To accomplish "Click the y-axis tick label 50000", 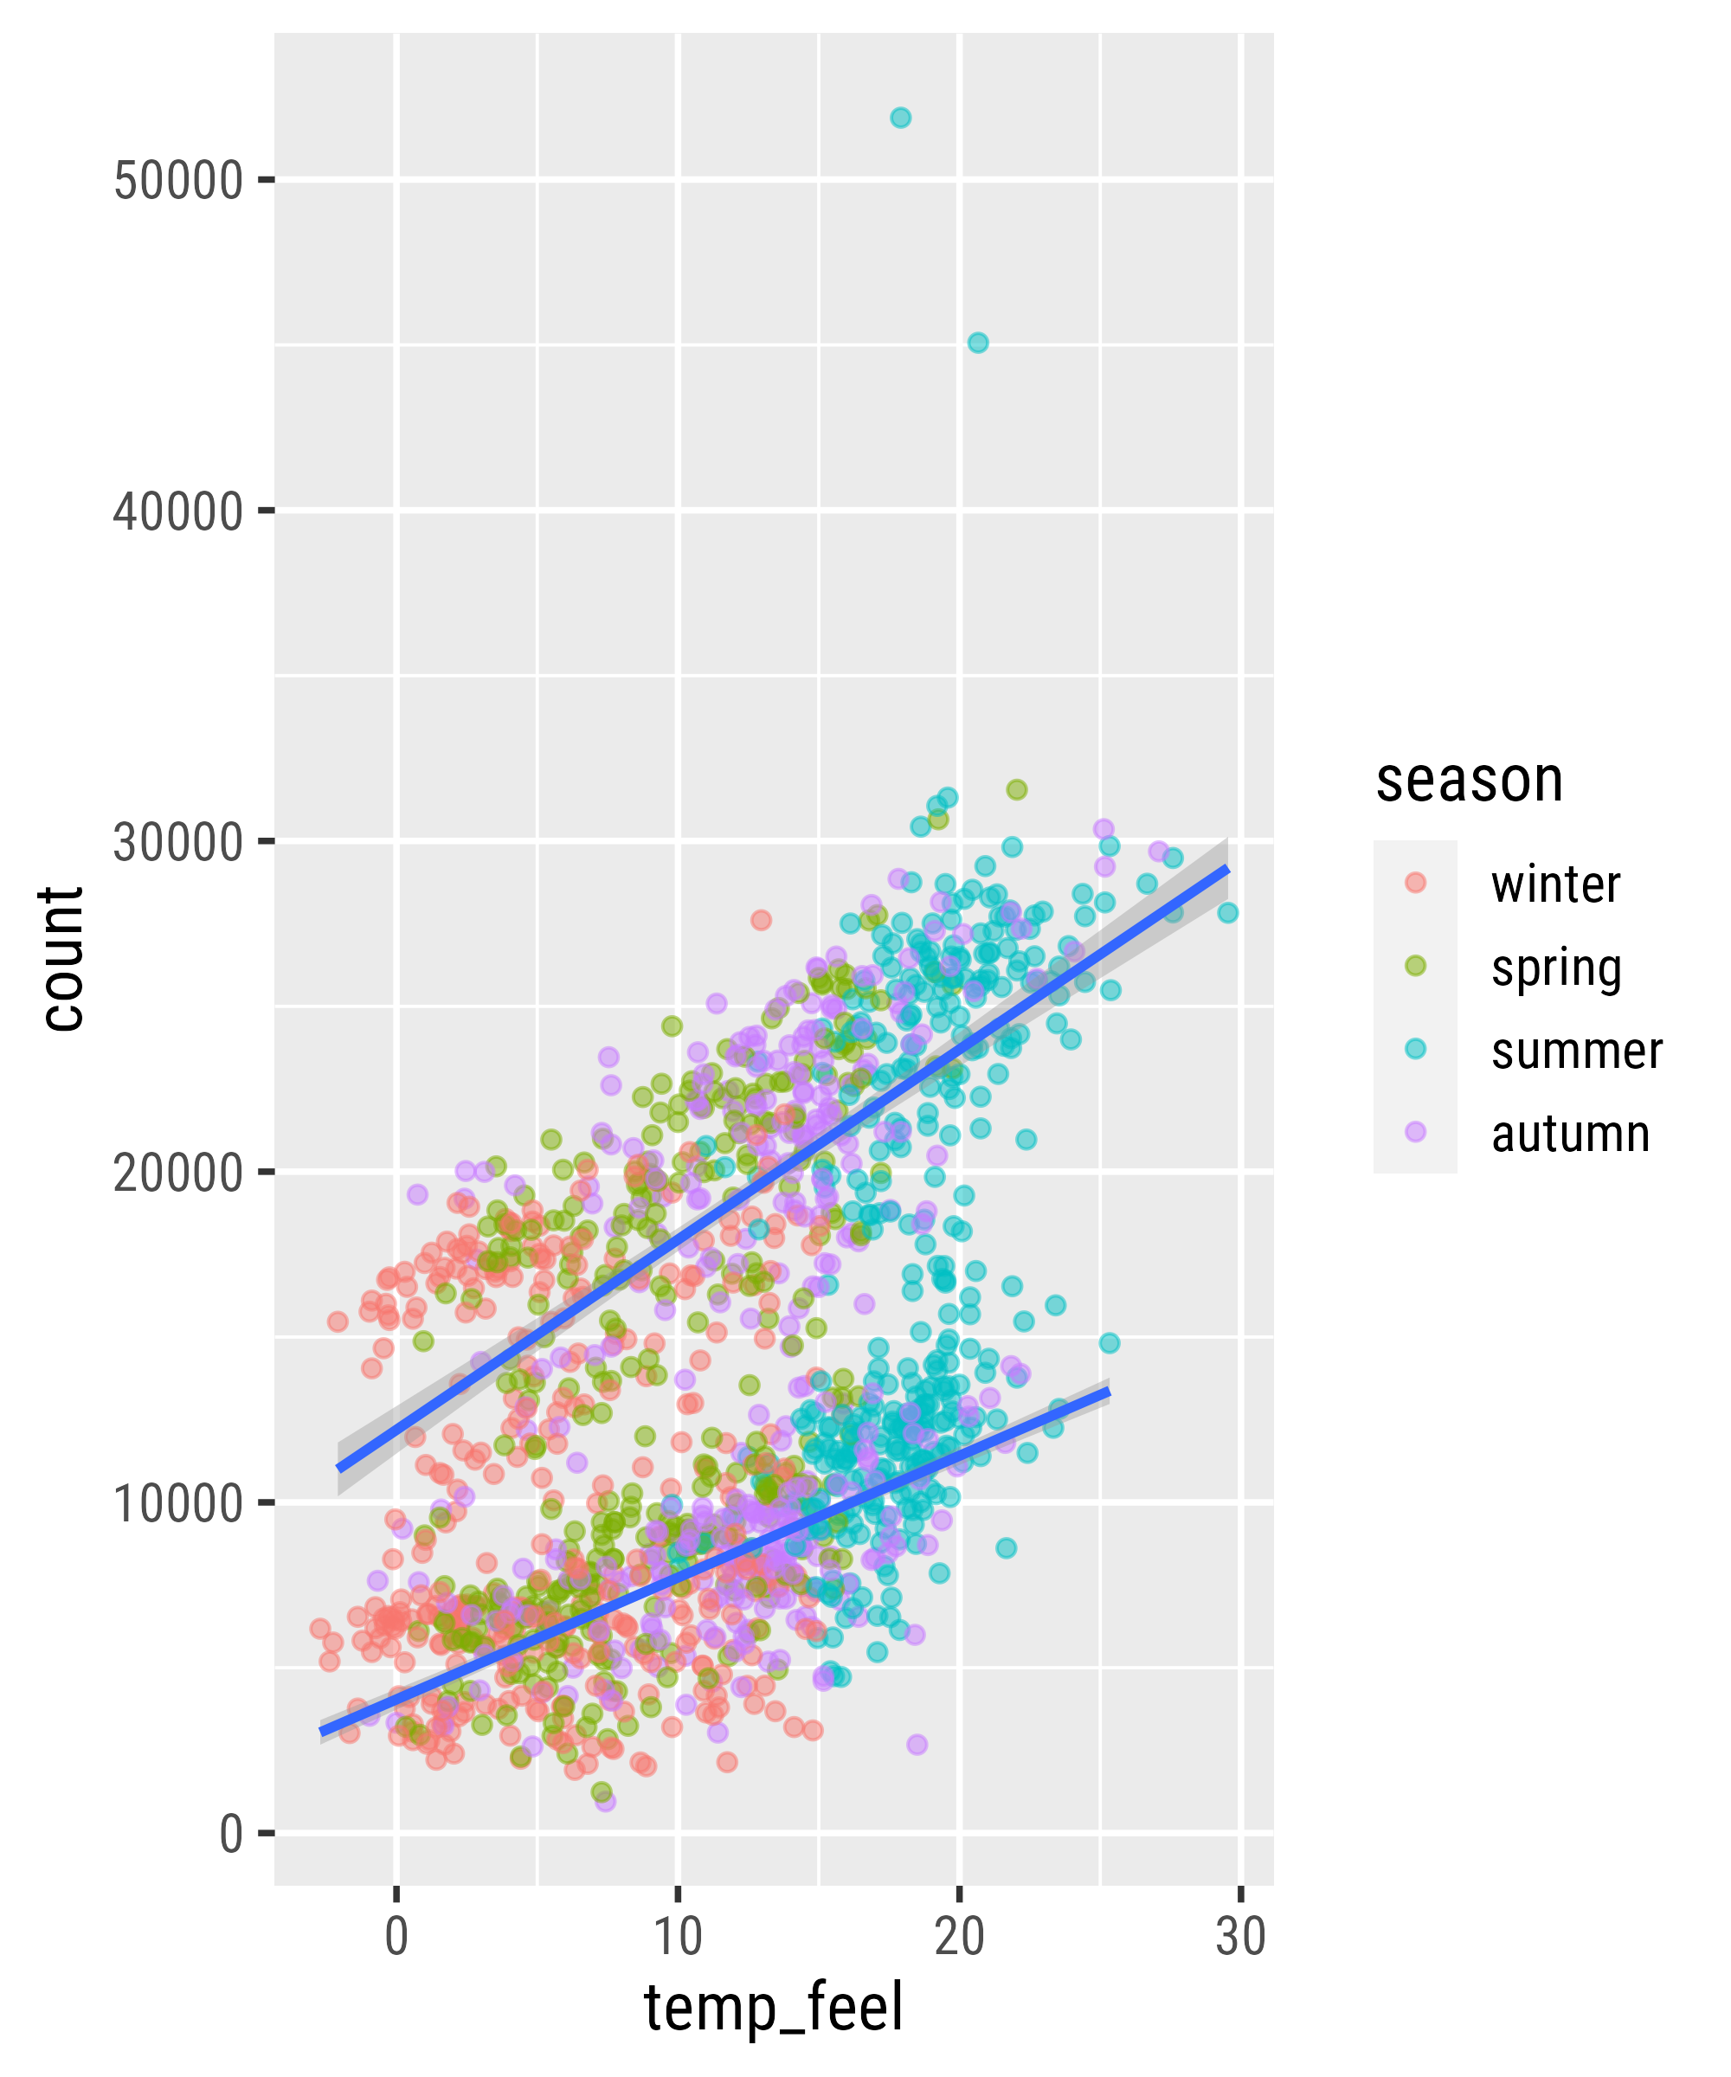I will tap(178, 181).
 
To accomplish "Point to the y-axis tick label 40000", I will tap(178, 512).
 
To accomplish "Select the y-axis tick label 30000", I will tap(178, 843).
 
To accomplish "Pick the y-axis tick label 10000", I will tap(178, 1504).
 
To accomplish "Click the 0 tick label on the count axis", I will tap(231, 1835).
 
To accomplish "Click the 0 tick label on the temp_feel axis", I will tap(396, 1937).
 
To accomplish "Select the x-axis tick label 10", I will tap(678, 1937).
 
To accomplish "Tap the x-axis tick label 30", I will tap(1240, 1937).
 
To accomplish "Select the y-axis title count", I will tap(63, 960).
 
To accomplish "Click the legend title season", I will tap(1469, 781).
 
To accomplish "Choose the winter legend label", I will tap(1555, 884).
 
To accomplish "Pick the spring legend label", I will tap(1556, 968).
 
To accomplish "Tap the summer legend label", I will tap(1577, 1051).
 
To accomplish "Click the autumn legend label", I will tap(1570, 1134).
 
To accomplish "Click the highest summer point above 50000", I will tap(900, 118).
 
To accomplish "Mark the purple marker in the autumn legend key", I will tap(1415, 1133).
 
